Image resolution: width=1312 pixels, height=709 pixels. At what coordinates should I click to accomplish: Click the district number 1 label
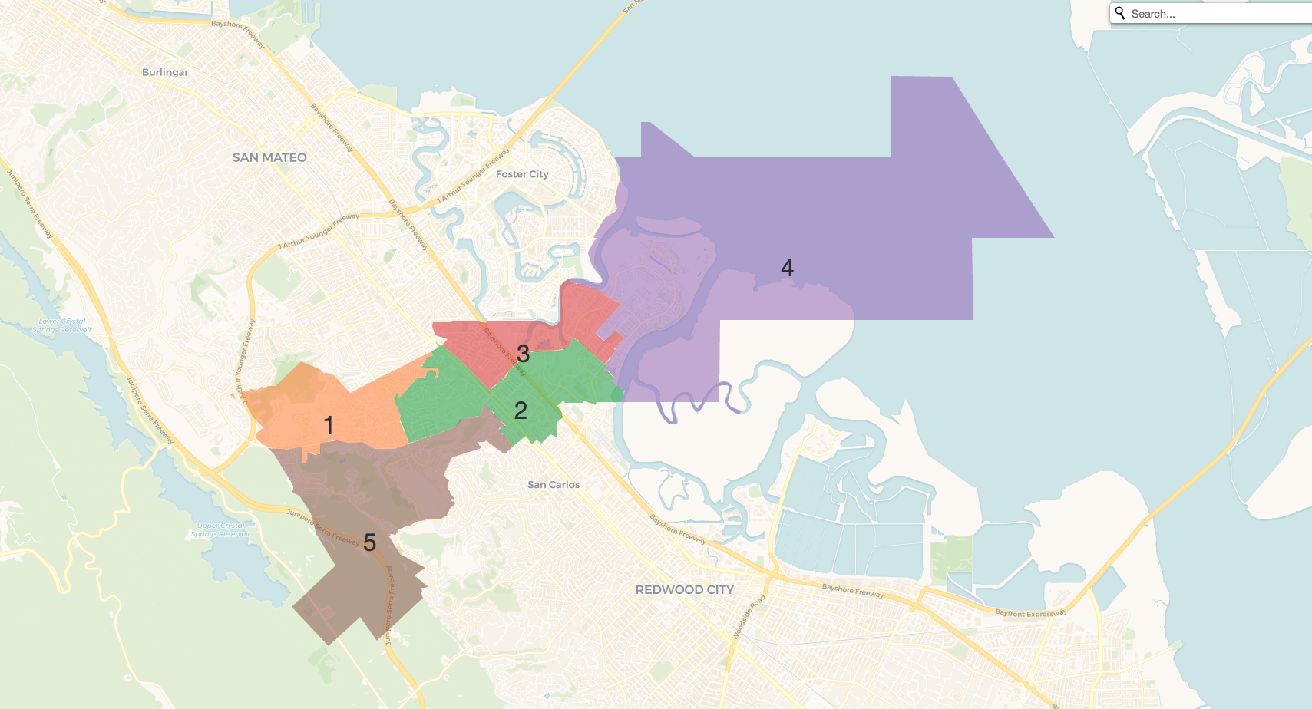329,424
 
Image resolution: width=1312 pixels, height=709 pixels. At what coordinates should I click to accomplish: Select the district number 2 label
521,411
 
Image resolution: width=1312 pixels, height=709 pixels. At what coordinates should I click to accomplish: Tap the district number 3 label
523,354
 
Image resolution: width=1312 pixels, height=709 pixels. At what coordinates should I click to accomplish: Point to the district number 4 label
787,268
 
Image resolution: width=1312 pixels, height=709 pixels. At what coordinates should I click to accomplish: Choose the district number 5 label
369,542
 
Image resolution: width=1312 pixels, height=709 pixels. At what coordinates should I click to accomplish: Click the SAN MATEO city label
269,157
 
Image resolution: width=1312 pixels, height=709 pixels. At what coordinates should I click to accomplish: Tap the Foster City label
522,174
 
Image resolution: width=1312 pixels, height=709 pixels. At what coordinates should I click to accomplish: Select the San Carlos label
554,485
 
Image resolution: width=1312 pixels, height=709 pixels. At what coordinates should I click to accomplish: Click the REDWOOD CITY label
684,589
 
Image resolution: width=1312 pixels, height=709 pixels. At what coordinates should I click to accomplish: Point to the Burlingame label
164,72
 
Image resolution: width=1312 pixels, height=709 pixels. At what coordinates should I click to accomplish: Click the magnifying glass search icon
1121,13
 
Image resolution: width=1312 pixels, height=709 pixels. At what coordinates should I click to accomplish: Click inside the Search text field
1213,14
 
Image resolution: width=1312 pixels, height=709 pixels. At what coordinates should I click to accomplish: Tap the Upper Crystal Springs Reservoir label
220,529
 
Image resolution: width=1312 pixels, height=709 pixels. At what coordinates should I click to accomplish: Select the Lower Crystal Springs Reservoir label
62,325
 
